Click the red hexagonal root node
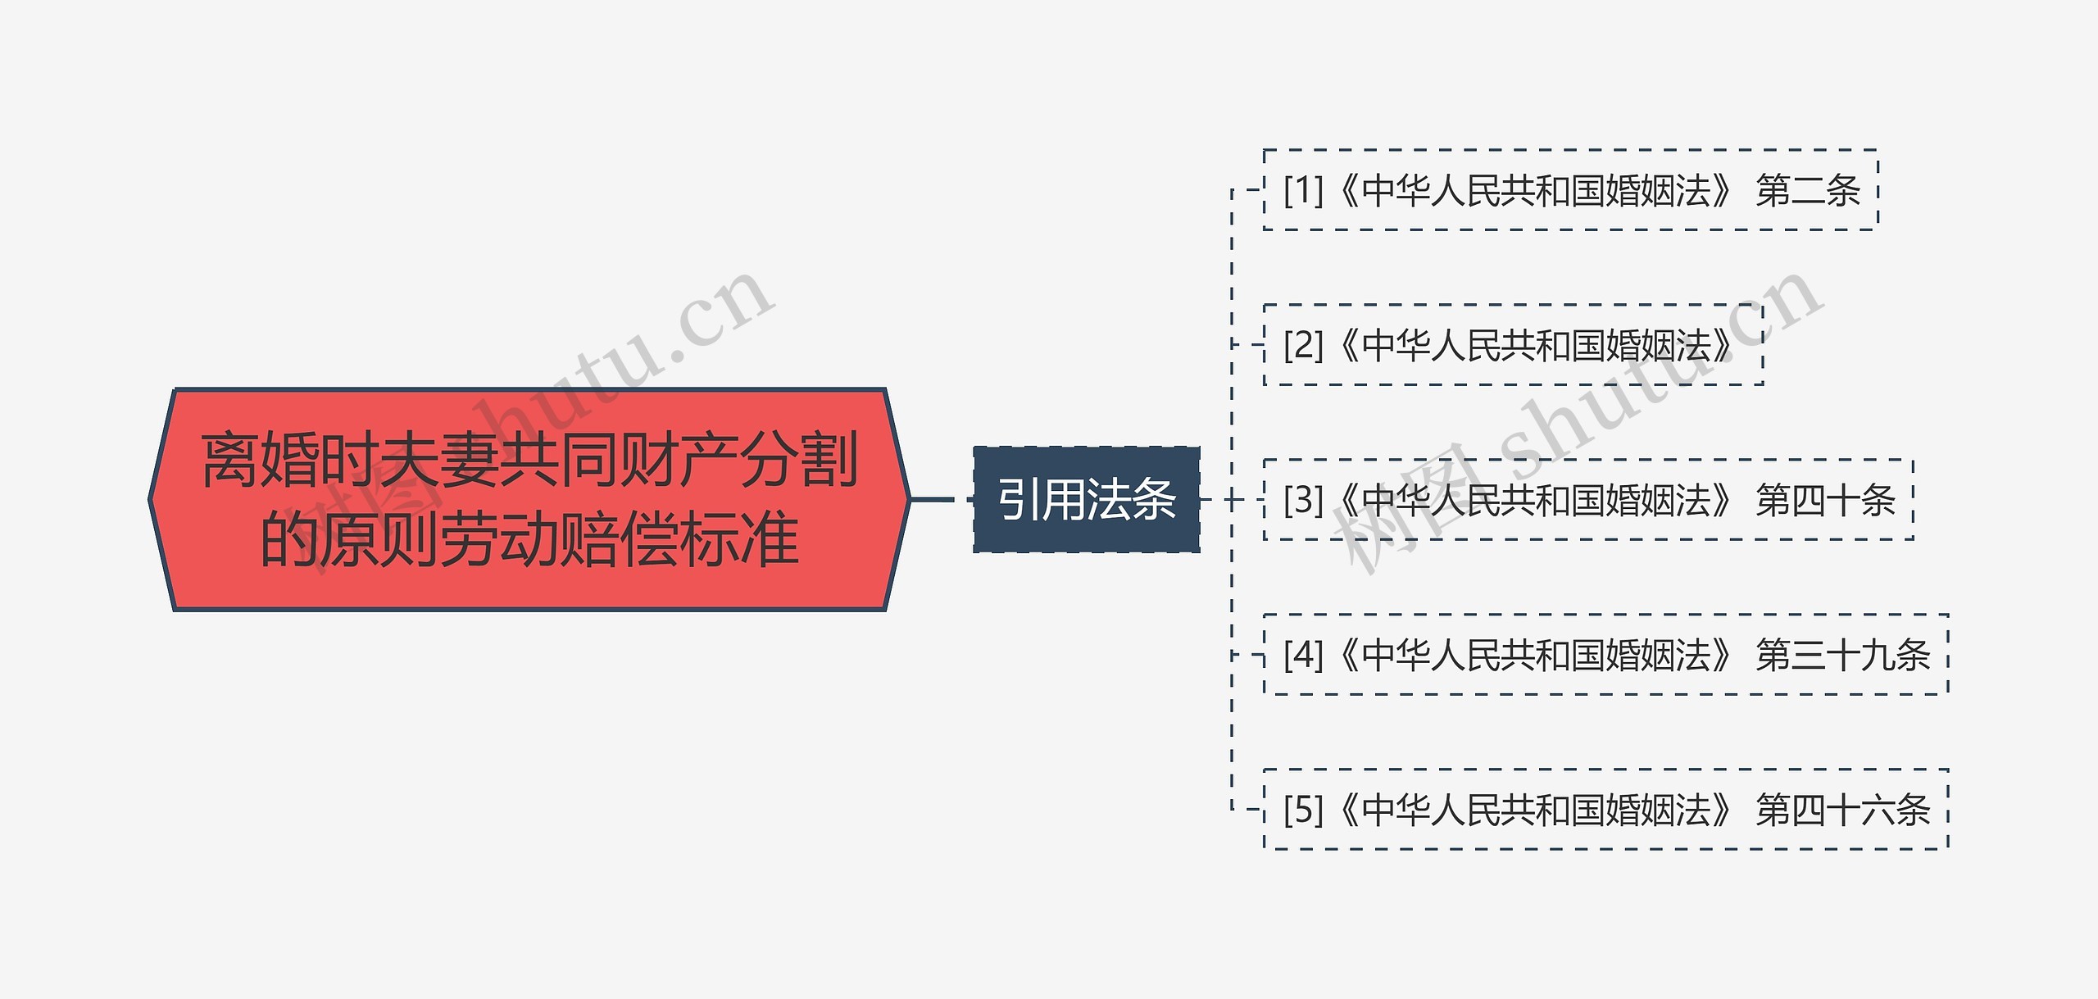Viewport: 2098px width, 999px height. tap(529, 499)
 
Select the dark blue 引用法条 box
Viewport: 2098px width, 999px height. tap(1086, 499)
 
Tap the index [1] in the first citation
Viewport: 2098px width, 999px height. tap(1303, 190)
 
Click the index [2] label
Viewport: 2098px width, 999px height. tap(1303, 345)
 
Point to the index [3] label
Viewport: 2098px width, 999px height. tap(1303, 500)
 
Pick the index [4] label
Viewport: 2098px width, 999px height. tap(1303, 655)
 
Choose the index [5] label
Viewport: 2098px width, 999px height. tap(1303, 810)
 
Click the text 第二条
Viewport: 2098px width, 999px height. tap(1808, 190)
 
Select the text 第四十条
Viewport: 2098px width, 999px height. tap(1825, 500)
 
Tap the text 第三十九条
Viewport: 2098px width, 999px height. tap(1843, 655)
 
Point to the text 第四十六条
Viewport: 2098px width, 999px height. tap(1843, 810)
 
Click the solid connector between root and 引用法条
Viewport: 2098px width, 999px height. tap(933, 498)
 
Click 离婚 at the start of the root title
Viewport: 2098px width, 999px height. tap(260, 461)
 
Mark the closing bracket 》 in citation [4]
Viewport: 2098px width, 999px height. tap(1723, 655)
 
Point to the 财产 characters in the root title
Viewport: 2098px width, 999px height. tap(679, 461)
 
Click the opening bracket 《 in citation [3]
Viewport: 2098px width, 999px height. tap(1348, 500)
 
